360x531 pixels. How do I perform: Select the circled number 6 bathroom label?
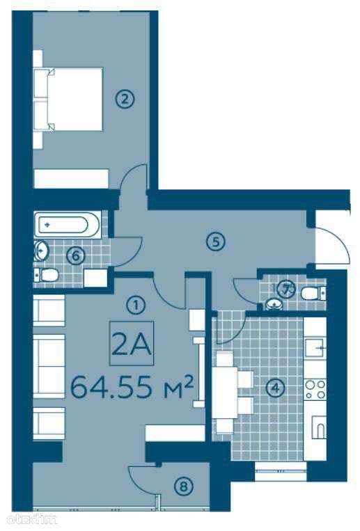pyautogui.click(x=76, y=255)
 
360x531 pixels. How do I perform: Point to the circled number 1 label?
pyautogui.click(x=136, y=305)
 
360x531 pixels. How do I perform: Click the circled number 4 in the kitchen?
pyautogui.click(x=275, y=388)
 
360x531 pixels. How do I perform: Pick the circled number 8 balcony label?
pyautogui.click(x=183, y=486)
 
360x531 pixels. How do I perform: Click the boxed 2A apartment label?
pyautogui.click(x=132, y=343)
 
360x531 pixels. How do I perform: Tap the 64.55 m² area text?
pyautogui.click(x=132, y=387)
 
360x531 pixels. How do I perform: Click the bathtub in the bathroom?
pyautogui.click(x=67, y=225)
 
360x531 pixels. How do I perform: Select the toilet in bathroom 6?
pyautogui.click(x=47, y=275)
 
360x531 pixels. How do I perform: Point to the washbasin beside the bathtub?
pyautogui.click(x=42, y=251)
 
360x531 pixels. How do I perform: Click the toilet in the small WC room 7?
pyautogui.click(x=314, y=293)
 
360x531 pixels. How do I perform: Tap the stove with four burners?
pyautogui.click(x=315, y=390)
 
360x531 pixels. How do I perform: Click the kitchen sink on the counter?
pyautogui.click(x=315, y=347)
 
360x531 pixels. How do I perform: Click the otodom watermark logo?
pyautogui.click(x=29, y=518)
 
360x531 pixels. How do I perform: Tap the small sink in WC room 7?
pyautogui.click(x=274, y=304)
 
